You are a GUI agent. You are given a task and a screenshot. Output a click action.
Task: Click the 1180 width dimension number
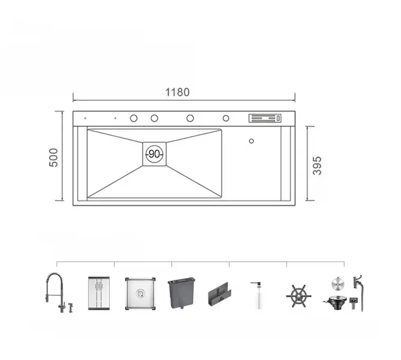(x=177, y=92)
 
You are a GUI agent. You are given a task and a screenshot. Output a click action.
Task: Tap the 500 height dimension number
(x=53, y=158)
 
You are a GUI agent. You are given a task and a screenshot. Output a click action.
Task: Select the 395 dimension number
(x=317, y=166)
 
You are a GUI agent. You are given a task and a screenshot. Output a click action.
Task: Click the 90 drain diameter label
(x=154, y=154)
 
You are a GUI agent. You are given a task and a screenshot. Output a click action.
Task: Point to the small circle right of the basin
(x=251, y=141)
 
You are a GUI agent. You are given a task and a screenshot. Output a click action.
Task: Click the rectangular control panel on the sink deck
(x=265, y=118)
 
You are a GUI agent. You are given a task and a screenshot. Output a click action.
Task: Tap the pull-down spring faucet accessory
(x=55, y=292)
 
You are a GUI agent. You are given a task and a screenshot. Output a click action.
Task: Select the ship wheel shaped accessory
(x=299, y=296)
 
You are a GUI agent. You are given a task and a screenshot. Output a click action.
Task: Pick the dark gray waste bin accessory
(x=182, y=293)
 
